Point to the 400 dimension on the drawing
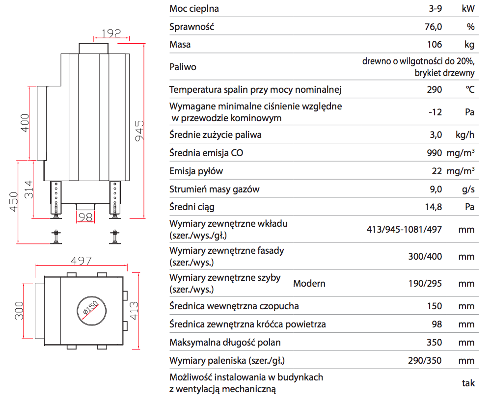point(25,123)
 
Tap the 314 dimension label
point(29,189)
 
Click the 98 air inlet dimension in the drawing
point(86,217)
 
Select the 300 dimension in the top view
point(19,310)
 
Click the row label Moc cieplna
point(194,9)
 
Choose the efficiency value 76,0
point(433,27)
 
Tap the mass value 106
point(435,45)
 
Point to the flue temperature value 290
point(435,90)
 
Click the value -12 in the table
point(435,112)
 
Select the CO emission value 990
point(435,153)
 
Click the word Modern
point(309,284)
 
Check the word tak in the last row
point(468,383)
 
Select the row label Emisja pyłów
point(196,171)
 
